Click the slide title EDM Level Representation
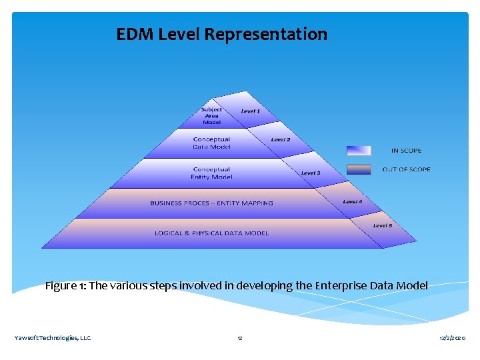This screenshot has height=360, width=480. pyautogui.click(x=221, y=34)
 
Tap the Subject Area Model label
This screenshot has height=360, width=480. pyautogui.click(x=211, y=116)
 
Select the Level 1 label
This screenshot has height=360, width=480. pyautogui.click(x=251, y=111)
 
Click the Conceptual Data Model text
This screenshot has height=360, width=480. pyautogui.click(x=211, y=143)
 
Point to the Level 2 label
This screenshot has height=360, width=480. pyautogui.click(x=281, y=140)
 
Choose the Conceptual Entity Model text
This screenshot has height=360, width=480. pyautogui.click(x=211, y=173)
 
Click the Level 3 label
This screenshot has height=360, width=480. pyautogui.click(x=311, y=173)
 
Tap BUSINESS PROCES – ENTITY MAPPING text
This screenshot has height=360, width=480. pyautogui.click(x=211, y=203)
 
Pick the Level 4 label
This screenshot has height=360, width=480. pyautogui.click(x=353, y=201)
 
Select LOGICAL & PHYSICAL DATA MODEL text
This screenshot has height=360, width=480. pyautogui.click(x=211, y=233)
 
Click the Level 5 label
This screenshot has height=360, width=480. pyautogui.click(x=383, y=225)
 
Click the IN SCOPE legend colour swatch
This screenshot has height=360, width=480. pyautogui.click(x=359, y=151)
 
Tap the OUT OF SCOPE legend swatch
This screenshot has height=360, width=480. pyautogui.click(x=359, y=169)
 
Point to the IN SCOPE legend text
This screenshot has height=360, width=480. pyautogui.click(x=406, y=151)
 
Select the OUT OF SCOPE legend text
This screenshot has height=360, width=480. pyautogui.click(x=406, y=169)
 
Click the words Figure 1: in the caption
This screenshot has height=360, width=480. pyautogui.click(x=65, y=286)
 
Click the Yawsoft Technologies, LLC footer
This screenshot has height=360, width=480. pyautogui.click(x=53, y=338)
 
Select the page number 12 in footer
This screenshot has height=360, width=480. pyautogui.click(x=240, y=338)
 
